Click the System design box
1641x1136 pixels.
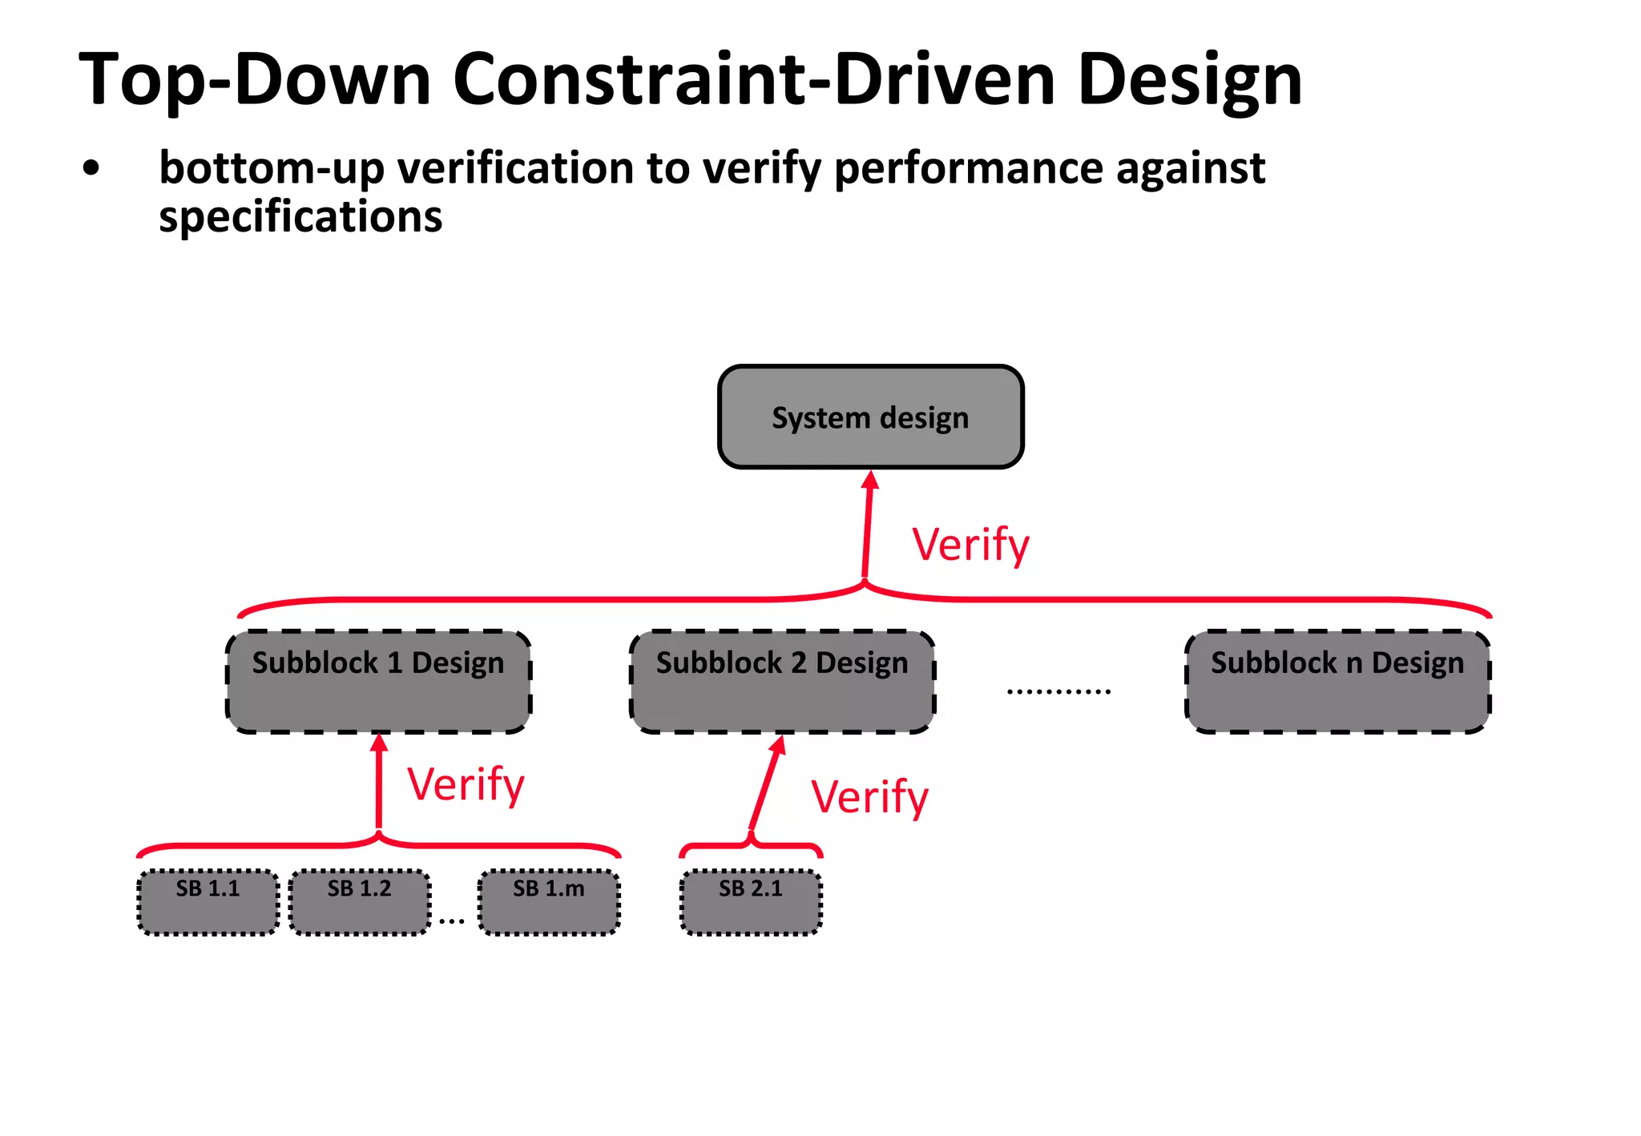click(x=870, y=417)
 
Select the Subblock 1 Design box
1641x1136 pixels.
click(x=378, y=682)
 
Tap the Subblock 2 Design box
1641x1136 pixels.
click(x=782, y=682)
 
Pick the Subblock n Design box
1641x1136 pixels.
click(x=1337, y=682)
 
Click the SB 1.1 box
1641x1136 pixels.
click(x=208, y=902)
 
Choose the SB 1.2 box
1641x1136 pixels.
click(x=359, y=902)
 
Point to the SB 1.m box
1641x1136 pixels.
click(x=549, y=902)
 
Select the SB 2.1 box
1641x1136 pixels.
click(x=751, y=902)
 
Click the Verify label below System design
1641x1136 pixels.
click(x=970, y=546)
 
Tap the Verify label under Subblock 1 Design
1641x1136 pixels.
click(x=466, y=784)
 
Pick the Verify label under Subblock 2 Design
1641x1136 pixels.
click(x=869, y=797)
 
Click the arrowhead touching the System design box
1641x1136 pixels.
click(x=870, y=480)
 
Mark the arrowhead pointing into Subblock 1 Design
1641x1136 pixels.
click(x=379, y=743)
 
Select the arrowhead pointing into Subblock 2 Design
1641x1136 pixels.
click(x=778, y=745)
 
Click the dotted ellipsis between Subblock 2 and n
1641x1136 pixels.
click(x=1058, y=691)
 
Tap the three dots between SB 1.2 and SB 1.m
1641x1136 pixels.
click(x=452, y=921)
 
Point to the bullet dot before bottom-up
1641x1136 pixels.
click(x=91, y=169)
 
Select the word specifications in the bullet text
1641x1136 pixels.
click(x=300, y=217)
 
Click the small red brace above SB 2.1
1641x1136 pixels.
click(x=751, y=846)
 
